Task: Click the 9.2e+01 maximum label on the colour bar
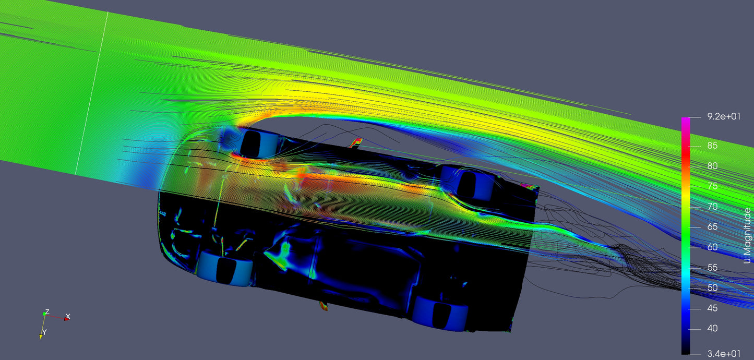click(724, 116)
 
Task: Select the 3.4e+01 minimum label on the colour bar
click(724, 354)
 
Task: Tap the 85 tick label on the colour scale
click(712, 146)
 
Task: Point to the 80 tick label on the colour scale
click(712, 166)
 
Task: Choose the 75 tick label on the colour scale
click(712, 186)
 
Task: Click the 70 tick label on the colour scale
click(712, 207)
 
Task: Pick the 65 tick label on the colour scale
click(712, 227)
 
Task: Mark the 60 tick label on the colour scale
click(712, 247)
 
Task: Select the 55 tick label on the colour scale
click(712, 268)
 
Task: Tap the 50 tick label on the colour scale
click(712, 287)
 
